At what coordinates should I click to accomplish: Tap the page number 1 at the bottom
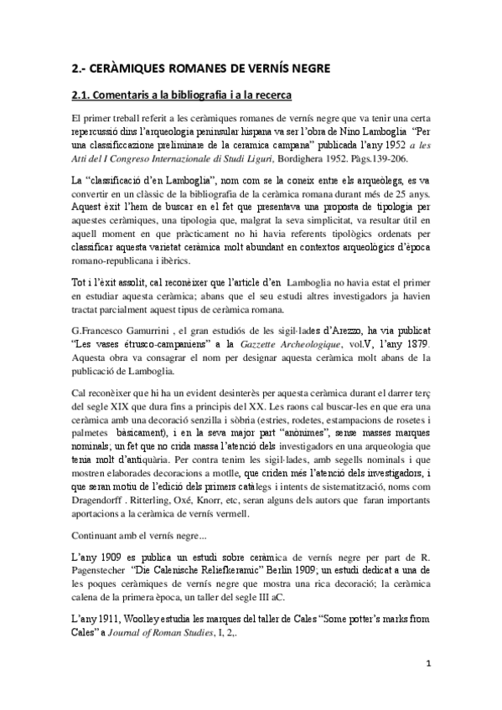pos(427,664)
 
